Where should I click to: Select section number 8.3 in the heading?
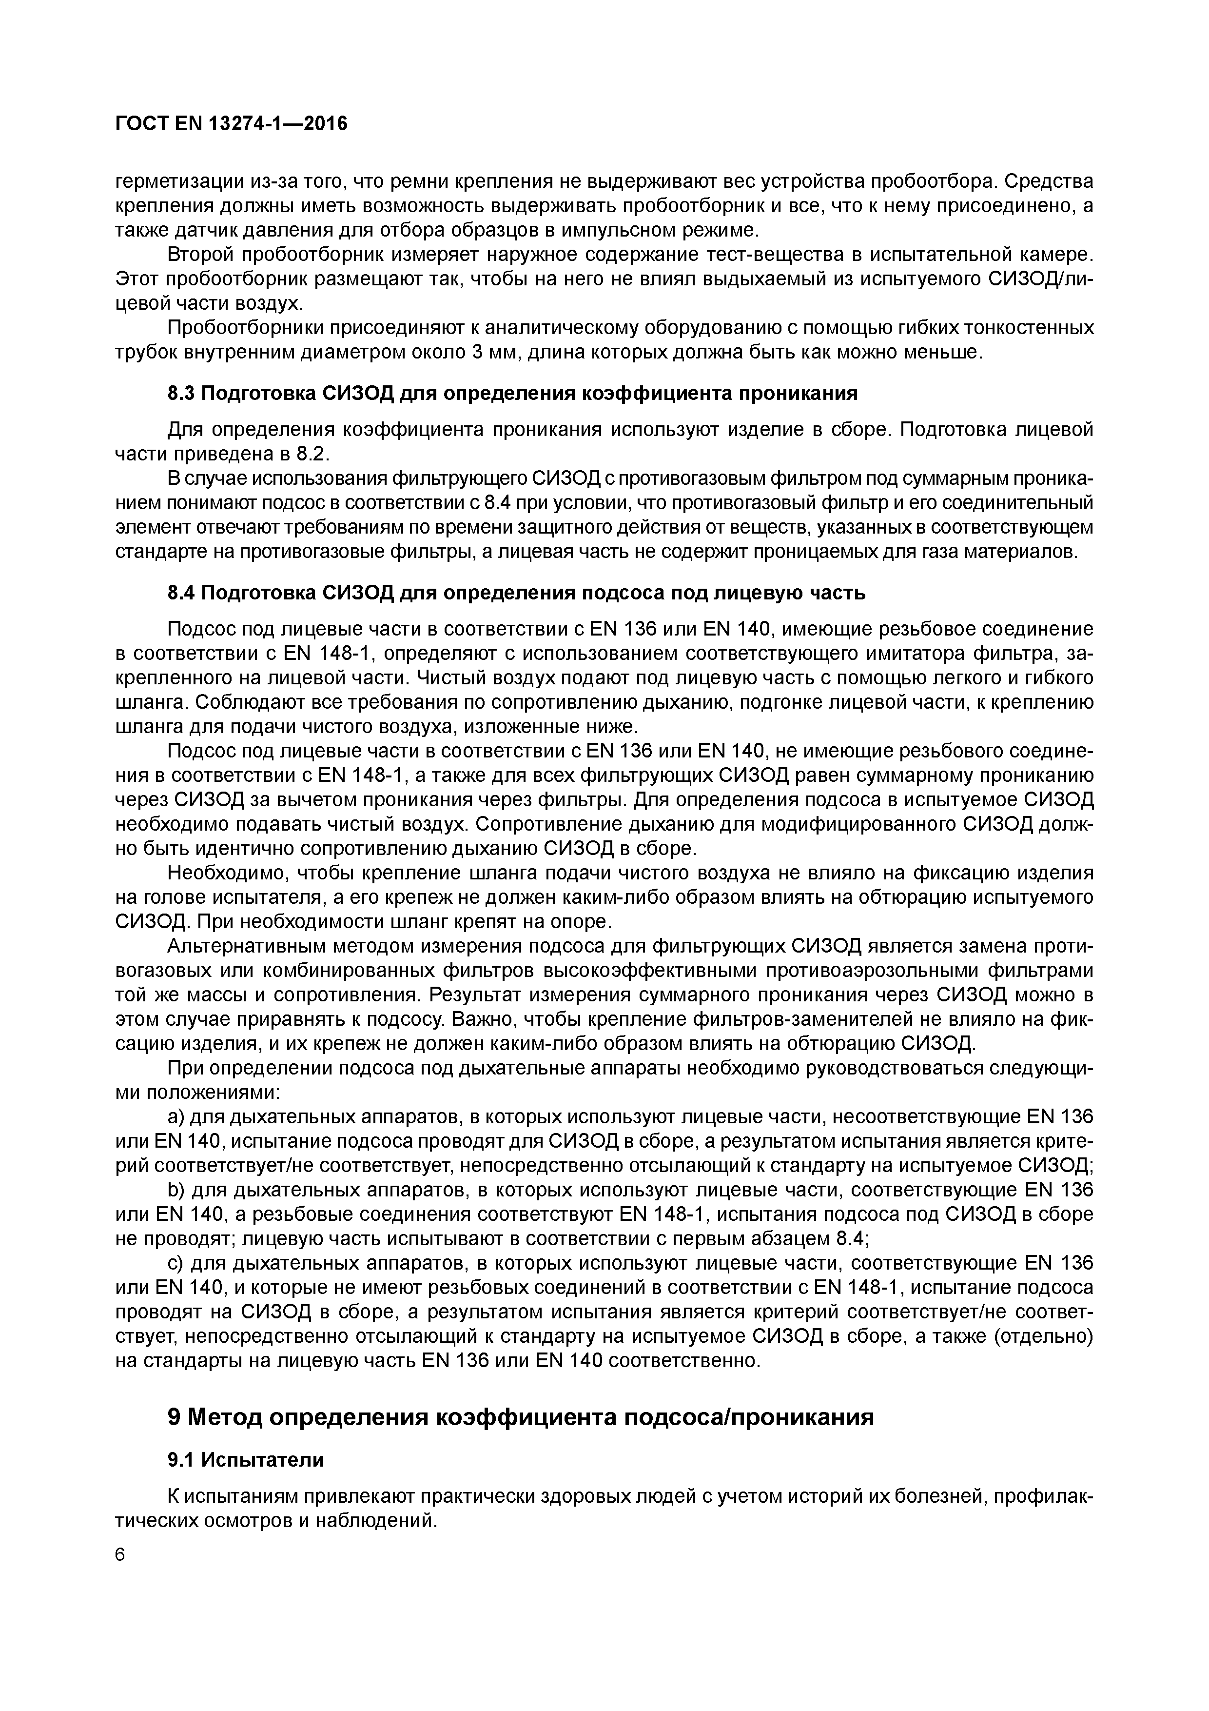click(x=182, y=393)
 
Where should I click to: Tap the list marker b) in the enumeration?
click(x=176, y=1189)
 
